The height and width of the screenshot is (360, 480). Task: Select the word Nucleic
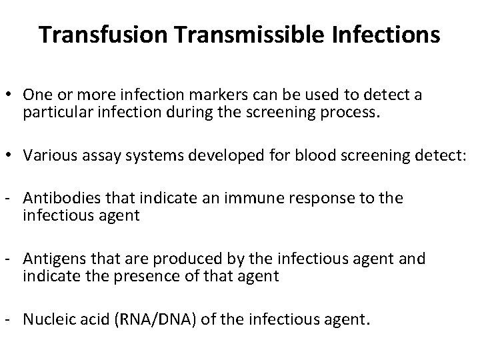[x=45, y=319]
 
